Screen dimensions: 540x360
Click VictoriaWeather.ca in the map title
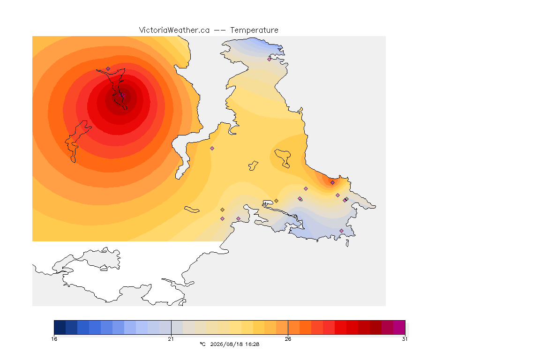click(174, 30)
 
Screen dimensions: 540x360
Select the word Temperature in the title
click(254, 30)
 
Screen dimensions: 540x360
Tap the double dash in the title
click(220, 30)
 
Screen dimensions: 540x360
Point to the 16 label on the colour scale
click(54, 339)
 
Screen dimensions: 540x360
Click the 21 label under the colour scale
click(171, 339)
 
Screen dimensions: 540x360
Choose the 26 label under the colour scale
click(288, 339)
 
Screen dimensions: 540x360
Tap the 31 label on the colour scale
click(405, 339)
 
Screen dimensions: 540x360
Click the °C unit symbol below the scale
click(202, 344)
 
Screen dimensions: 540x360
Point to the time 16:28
click(252, 344)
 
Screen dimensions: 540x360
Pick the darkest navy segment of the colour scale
click(60, 327)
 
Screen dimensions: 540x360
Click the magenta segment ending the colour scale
click(399, 327)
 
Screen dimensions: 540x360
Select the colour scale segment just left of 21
click(165, 327)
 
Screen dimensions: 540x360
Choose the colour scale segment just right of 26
click(294, 327)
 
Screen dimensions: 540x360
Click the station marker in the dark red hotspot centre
click(122, 95)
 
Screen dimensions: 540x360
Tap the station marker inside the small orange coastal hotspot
click(332, 183)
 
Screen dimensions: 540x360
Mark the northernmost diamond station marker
click(270, 59)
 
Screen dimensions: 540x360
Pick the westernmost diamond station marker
click(108, 69)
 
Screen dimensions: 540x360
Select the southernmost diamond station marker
click(341, 231)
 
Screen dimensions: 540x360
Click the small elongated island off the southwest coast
click(192, 210)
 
